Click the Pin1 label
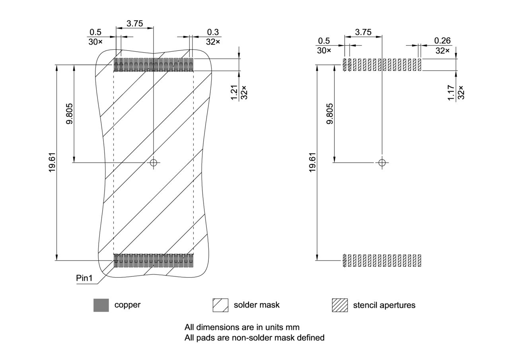tap(84, 278)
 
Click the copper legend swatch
tap(101, 305)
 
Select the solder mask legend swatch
tap(220, 305)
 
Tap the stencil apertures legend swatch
tap(340, 305)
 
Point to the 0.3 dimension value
tap(213, 32)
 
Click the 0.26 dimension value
tap(442, 41)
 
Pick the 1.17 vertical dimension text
tap(451, 92)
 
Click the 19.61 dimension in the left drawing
tap(52, 162)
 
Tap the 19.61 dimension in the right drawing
tap(312, 162)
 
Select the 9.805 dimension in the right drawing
tap(330, 114)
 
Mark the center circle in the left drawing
tap(153, 162)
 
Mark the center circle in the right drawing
tap(382, 162)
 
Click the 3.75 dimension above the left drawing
tap(134, 23)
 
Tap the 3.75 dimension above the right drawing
tap(363, 32)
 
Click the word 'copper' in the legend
tap(127, 305)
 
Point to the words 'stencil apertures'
tap(384, 305)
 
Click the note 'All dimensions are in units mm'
tap(242, 327)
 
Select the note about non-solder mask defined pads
tap(254, 338)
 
